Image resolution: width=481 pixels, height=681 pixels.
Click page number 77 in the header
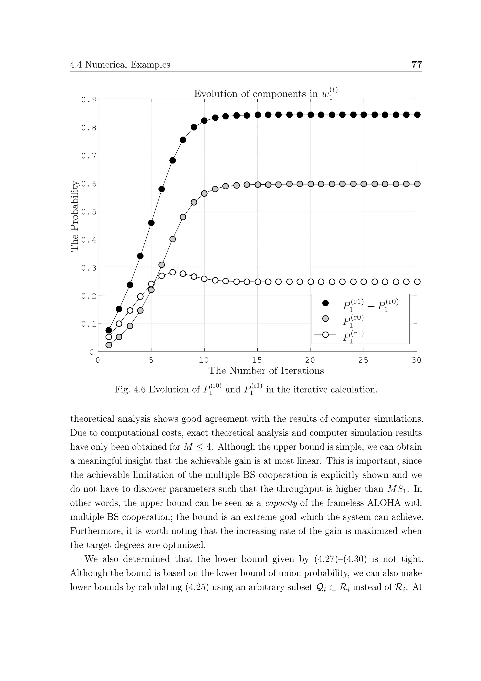(x=416, y=64)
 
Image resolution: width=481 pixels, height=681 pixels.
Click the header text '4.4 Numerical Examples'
(x=120, y=65)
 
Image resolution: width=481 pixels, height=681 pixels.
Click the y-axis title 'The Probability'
(x=75, y=216)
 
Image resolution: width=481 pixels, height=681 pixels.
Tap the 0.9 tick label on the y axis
(x=89, y=100)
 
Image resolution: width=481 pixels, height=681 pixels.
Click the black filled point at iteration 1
(x=109, y=330)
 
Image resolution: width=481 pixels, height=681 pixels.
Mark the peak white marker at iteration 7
(x=173, y=272)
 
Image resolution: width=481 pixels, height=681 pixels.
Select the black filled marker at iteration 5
(x=151, y=223)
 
